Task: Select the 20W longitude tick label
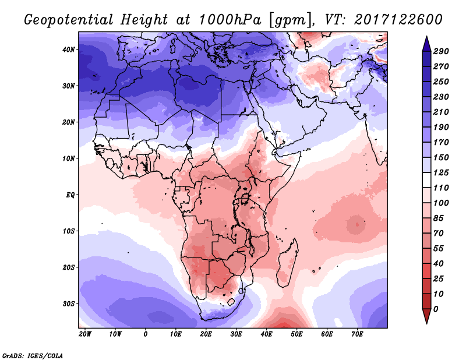pos(85,334)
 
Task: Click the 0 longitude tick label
pos(146,334)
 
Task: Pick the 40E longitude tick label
pos(266,334)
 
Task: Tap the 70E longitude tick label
pos(357,334)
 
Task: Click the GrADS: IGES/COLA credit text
pos(32,355)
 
